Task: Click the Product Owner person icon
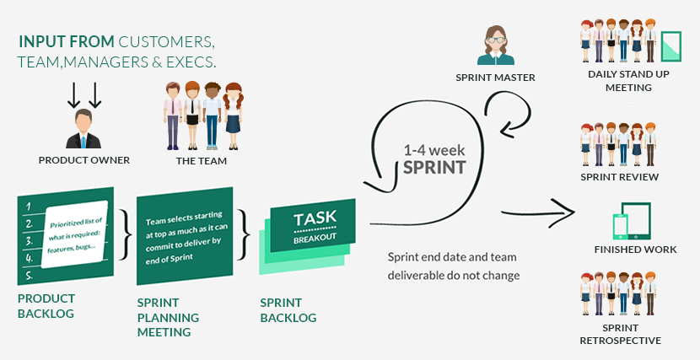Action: pos(83,129)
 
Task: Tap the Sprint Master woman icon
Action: pos(495,46)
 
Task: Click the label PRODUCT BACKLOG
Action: pos(46,306)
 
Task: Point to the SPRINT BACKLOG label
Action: pos(288,309)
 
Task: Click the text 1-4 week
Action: pos(433,149)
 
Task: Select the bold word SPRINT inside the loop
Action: pos(433,167)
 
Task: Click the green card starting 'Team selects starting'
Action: pos(184,237)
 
